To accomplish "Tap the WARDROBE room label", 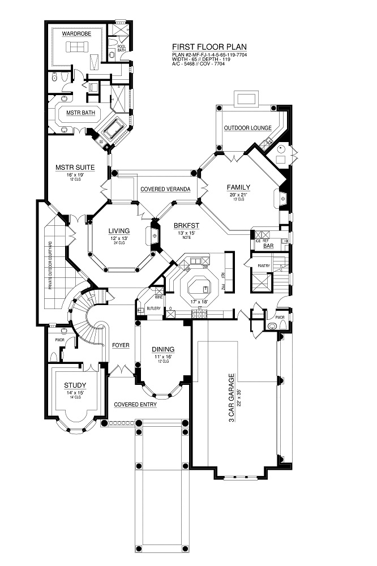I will click(x=76, y=34).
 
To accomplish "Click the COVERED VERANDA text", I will click(x=165, y=188).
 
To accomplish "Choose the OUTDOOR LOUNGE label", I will click(x=247, y=128).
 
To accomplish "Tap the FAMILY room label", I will click(x=238, y=187).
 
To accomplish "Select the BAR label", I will click(x=268, y=246).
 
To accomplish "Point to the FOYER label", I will click(x=120, y=344).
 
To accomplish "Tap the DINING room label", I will click(x=162, y=349).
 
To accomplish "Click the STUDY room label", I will click(x=75, y=386).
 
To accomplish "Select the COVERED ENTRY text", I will click(x=135, y=405).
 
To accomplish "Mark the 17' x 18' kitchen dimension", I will click(x=200, y=301).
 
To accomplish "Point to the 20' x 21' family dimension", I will click(x=238, y=195).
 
